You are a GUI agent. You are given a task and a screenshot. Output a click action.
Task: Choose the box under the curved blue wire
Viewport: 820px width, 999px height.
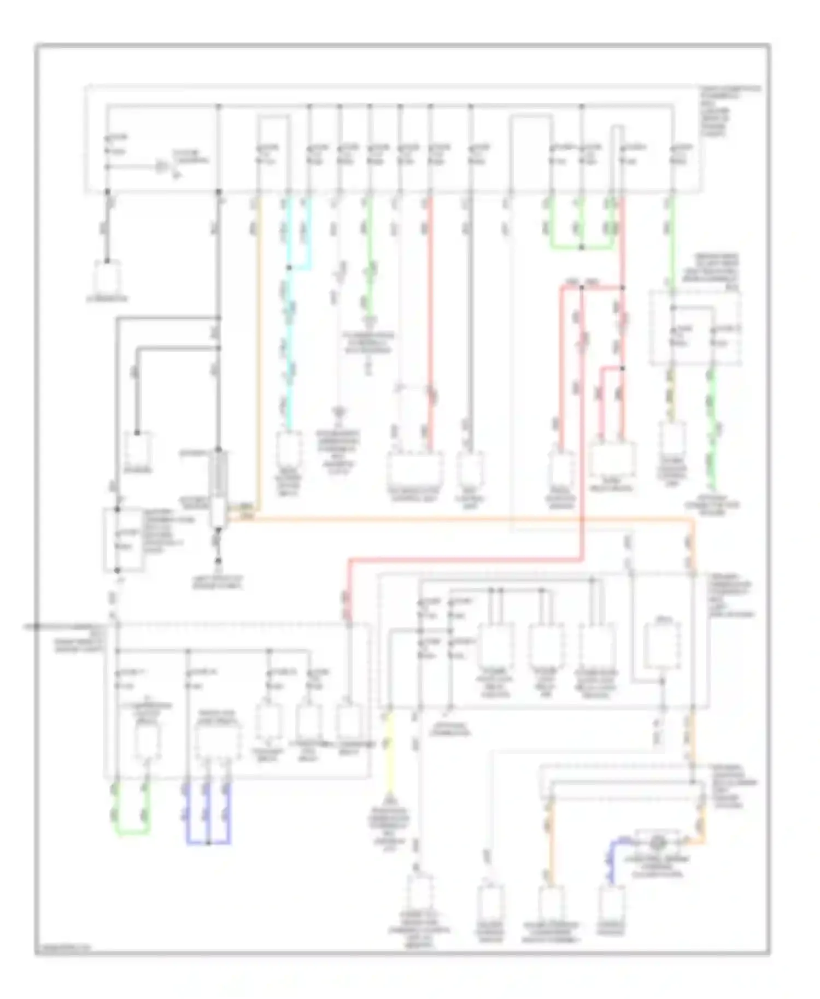(611, 903)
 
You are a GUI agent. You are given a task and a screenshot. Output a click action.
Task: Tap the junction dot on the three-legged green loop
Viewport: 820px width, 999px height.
(581, 248)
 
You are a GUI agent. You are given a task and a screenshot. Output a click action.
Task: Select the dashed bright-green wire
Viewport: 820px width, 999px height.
(711, 432)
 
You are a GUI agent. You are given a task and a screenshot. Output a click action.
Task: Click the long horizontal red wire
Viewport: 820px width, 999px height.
(465, 559)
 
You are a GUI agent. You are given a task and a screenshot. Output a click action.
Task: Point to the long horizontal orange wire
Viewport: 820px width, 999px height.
(465, 520)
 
